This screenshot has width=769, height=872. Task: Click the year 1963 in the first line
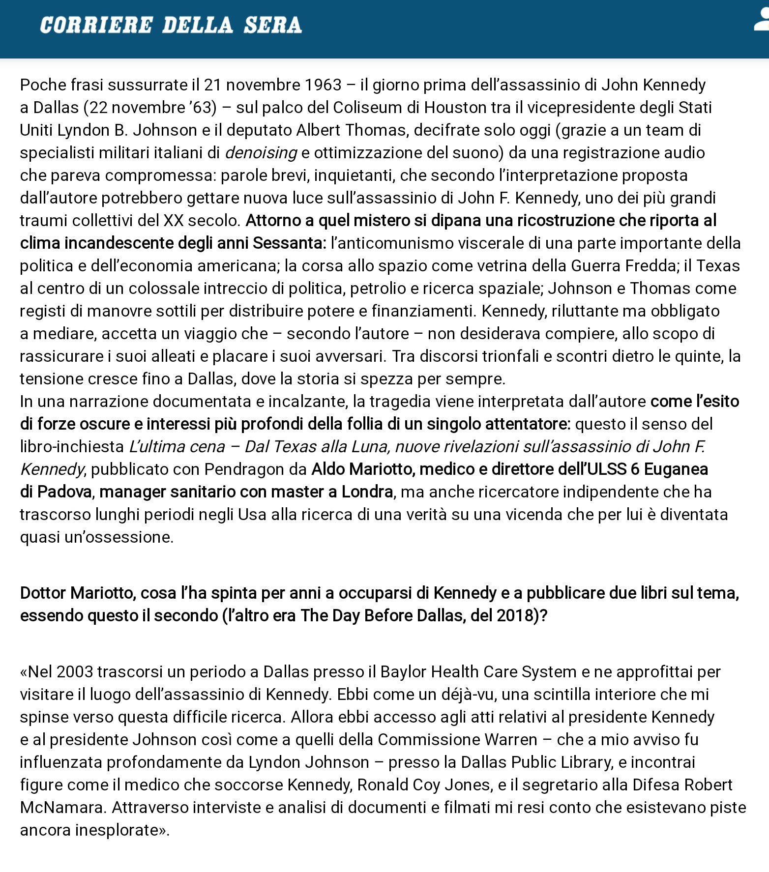323,85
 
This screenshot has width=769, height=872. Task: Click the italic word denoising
261,153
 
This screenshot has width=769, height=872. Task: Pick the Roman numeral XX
173,221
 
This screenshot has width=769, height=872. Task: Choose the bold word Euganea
676,469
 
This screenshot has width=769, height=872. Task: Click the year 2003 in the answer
74,672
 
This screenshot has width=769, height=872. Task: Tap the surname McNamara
61,808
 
